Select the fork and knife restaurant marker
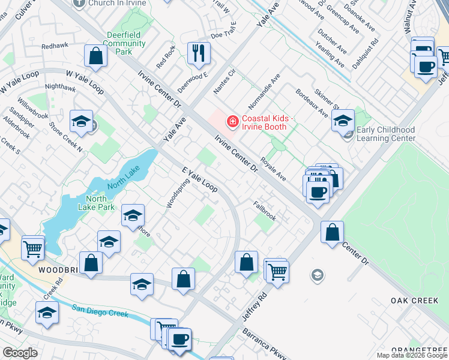(198, 53)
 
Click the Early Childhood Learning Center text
(385, 134)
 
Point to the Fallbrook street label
(265, 211)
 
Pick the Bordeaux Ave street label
(312, 103)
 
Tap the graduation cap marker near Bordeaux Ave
(343, 121)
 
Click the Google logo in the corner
(20, 353)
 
